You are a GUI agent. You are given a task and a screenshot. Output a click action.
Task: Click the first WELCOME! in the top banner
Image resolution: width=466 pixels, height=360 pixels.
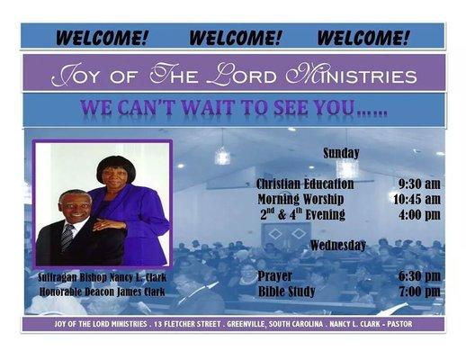pos(101,37)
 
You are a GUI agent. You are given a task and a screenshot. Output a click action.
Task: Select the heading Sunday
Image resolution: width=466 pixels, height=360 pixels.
pos(341,153)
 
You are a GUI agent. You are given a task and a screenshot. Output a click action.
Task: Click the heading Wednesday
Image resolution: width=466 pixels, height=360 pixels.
pos(337,245)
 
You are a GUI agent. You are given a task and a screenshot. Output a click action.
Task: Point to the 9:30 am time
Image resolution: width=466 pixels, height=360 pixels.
pos(418,184)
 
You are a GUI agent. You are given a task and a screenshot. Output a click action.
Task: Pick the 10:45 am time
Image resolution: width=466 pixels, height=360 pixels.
pos(417,199)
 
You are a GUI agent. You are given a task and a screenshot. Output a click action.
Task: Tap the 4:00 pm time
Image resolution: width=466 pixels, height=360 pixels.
pos(418,214)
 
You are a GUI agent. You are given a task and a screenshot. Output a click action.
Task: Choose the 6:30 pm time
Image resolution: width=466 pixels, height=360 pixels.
pos(418,276)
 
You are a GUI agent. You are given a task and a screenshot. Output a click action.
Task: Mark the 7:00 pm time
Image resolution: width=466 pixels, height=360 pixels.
pos(418,292)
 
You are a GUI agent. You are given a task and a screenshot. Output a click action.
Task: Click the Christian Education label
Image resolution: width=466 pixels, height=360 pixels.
pos(305,184)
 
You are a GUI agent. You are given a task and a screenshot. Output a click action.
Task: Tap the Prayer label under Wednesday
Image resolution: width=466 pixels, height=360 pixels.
pos(274,276)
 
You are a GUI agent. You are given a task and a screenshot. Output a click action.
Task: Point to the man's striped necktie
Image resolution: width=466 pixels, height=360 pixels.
pos(68,237)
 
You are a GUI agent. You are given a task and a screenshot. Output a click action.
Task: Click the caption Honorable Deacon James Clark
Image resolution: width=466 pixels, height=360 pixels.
pos(103,291)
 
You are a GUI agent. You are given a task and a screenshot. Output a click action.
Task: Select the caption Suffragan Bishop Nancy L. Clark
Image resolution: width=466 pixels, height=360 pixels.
pos(101,277)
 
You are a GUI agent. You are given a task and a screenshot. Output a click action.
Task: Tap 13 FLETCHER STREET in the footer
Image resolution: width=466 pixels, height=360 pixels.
pos(172,322)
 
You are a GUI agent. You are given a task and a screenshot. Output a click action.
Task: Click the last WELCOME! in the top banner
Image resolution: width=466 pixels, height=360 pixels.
pos(363,37)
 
